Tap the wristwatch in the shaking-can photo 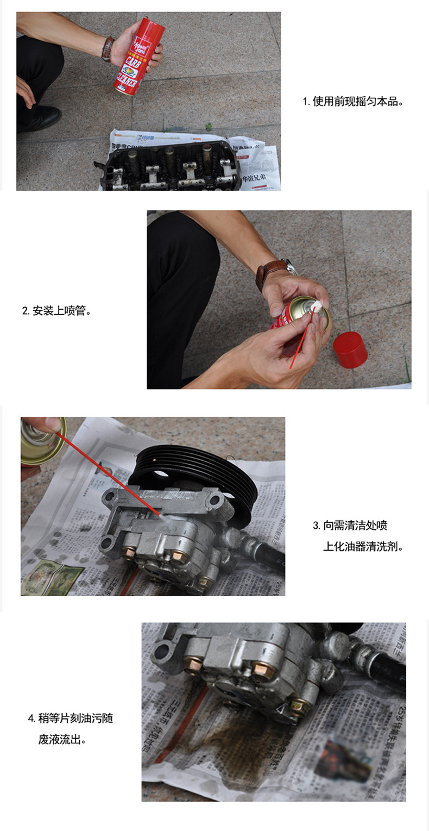click(x=108, y=48)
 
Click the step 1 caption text click(x=353, y=102)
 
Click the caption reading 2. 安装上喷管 click(x=56, y=311)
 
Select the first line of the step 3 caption click(x=350, y=526)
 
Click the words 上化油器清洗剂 click(x=363, y=547)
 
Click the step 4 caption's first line click(x=70, y=718)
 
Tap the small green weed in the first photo click(x=209, y=126)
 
